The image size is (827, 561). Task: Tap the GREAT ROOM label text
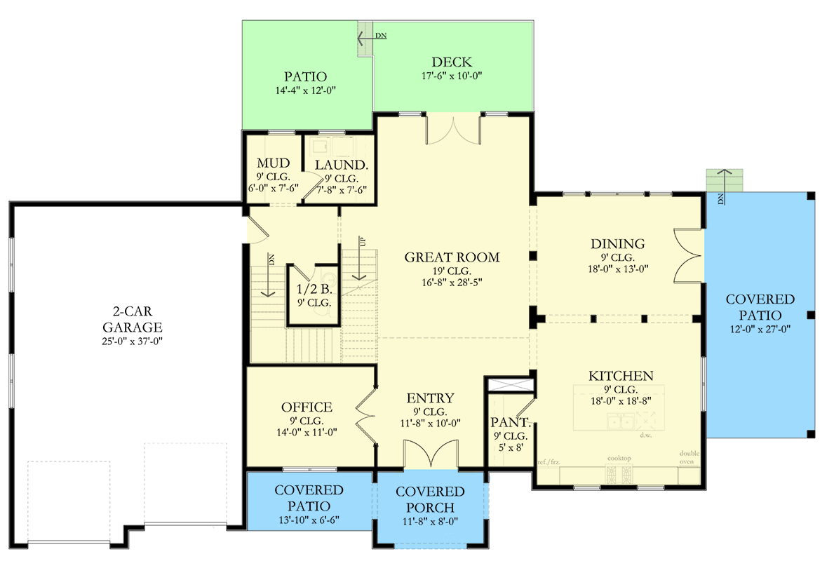point(452,257)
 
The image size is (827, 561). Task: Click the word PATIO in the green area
point(305,76)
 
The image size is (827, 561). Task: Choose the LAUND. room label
point(341,165)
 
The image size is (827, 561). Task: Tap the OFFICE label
point(307,407)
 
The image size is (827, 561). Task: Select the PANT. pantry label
point(509,422)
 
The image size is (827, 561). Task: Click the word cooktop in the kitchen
point(619,459)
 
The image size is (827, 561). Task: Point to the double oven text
point(690,457)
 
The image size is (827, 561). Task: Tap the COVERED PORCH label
point(430,499)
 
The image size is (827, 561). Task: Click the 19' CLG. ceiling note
point(452,271)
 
